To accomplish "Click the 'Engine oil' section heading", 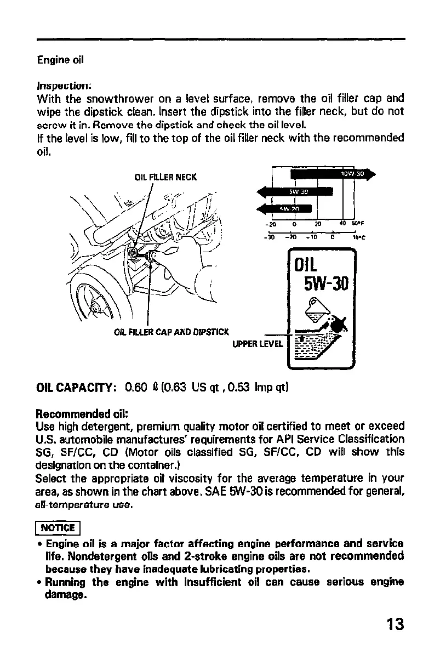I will click(60, 60).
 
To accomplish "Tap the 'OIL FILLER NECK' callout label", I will click(165, 177).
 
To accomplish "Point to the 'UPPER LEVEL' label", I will click(258, 344).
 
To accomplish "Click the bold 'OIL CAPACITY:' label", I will click(75, 389).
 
